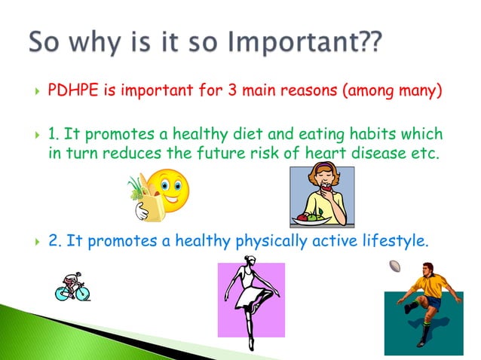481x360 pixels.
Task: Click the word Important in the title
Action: point(285,43)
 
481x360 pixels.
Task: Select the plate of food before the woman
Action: point(310,219)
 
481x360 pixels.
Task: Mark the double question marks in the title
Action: point(368,43)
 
